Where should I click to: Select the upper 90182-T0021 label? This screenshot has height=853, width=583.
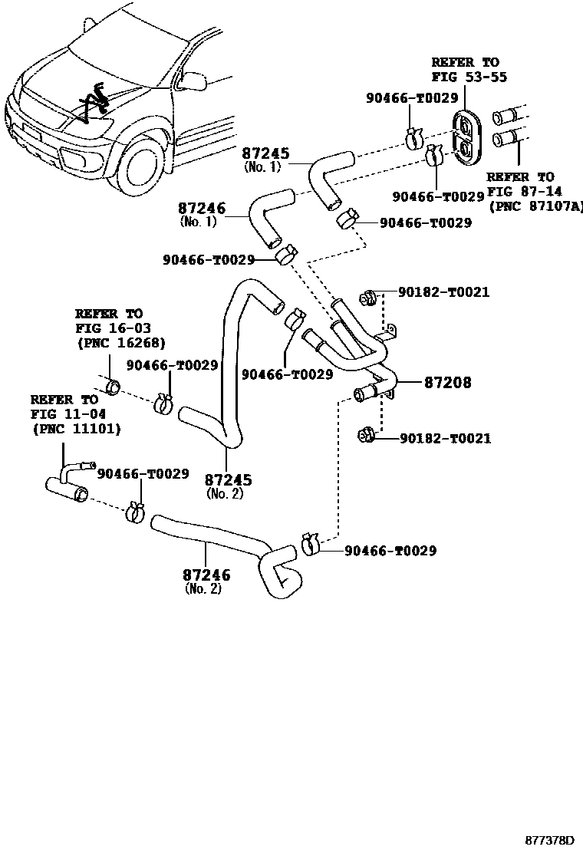click(x=444, y=292)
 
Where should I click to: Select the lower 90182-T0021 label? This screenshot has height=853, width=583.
click(x=445, y=439)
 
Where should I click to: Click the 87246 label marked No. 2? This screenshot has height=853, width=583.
click(x=206, y=575)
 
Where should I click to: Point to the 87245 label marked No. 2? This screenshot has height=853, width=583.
click(x=228, y=480)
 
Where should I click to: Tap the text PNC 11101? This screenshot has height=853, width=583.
click(x=77, y=428)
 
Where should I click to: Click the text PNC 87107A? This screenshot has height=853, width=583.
click(x=535, y=206)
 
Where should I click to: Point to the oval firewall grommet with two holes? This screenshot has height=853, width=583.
click(x=466, y=139)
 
